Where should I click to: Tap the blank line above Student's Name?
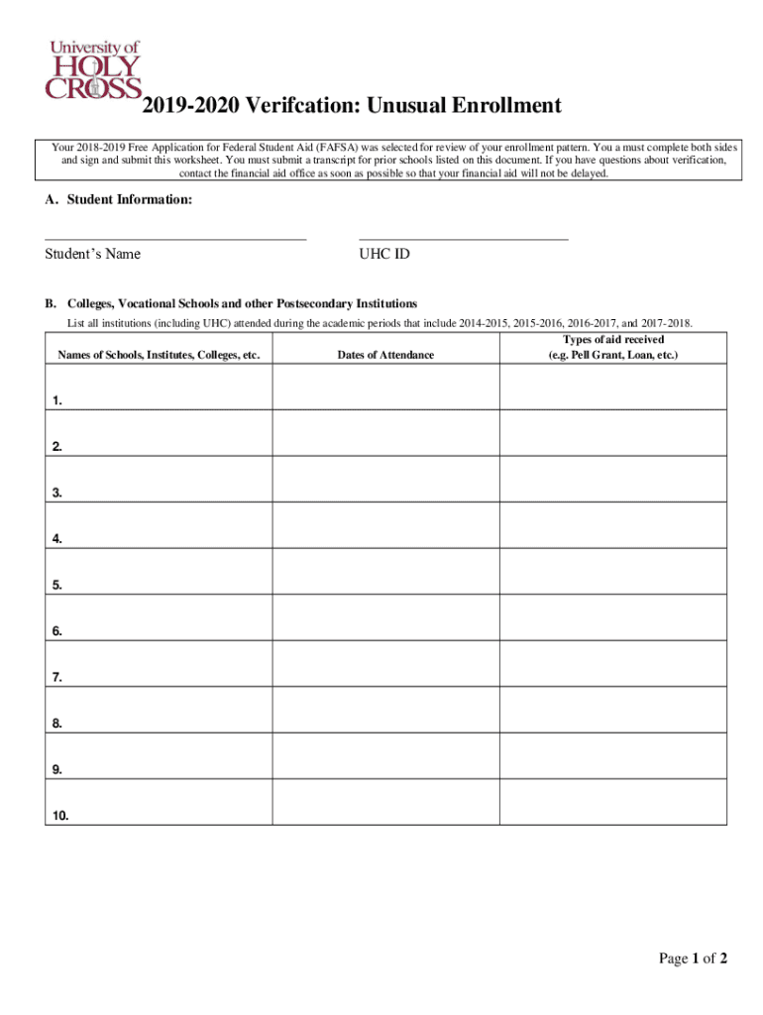click(x=175, y=238)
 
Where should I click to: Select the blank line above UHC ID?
click(x=463, y=238)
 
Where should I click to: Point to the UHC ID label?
click(x=383, y=254)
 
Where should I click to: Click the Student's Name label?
click(x=92, y=254)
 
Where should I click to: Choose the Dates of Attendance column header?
click(x=385, y=355)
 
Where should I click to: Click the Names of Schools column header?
click(x=159, y=355)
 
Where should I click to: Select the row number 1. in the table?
click(x=58, y=401)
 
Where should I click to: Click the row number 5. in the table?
click(x=58, y=586)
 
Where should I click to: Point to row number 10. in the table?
click(x=61, y=817)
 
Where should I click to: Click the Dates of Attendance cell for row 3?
click(x=385, y=479)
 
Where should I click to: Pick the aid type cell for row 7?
click(x=613, y=663)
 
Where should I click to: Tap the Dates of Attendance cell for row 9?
click(x=385, y=755)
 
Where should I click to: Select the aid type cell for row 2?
click(x=613, y=432)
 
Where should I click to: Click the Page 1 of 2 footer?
click(x=694, y=958)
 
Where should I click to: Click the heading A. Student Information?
click(x=118, y=200)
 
